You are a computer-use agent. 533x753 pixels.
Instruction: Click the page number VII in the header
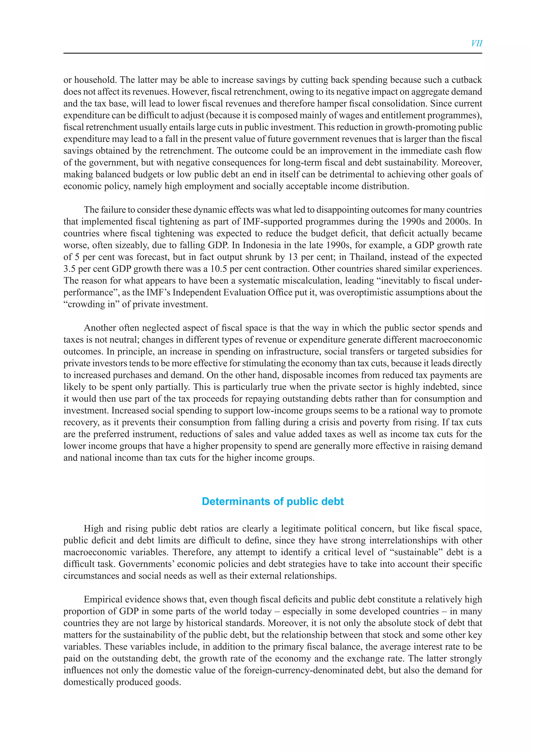pos(476,43)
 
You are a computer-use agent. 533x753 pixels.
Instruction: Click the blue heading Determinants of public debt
pos(273,502)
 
